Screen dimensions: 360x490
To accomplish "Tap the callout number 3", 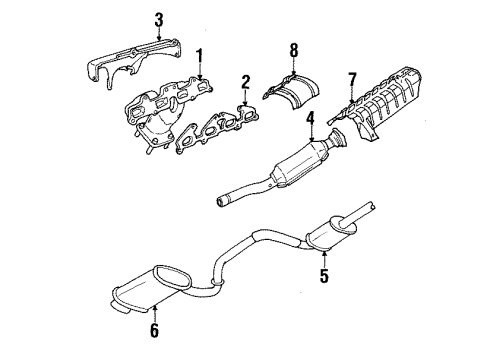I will (131, 18).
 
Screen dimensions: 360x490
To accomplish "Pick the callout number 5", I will (323, 272).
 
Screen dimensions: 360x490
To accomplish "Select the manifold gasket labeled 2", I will (215, 125).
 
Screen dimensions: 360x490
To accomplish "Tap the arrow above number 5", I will (323, 253).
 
